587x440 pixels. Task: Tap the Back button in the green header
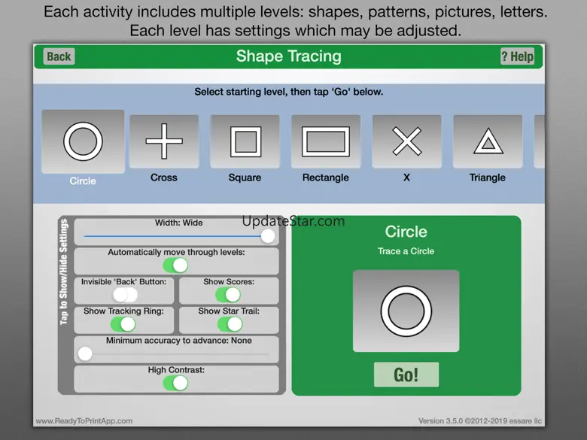[x=59, y=56]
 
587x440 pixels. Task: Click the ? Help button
[x=517, y=56]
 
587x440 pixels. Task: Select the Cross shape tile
[x=164, y=141]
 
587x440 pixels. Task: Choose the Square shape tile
[x=245, y=141]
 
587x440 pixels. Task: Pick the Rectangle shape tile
[x=326, y=141]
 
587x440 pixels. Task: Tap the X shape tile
[x=407, y=141]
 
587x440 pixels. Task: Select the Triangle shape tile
[x=488, y=141]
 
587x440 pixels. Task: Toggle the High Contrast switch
[x=175, y=383]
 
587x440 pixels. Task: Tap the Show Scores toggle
[x=228, y=295]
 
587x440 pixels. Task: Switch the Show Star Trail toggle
[x=230, y=324]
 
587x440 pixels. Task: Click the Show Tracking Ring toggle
[x=123, y=324]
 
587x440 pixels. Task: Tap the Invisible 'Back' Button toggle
[x=126, y=295]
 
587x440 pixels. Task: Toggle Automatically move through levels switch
[x=175, y=266]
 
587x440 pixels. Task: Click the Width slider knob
[x=268, y=236]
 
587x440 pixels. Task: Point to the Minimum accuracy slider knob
[x=85, y=354]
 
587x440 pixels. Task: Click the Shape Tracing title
[x=289, y=56]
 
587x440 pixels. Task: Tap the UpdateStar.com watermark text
[x=293, y=220]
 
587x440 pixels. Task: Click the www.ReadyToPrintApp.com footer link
[x=84, y=421]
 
